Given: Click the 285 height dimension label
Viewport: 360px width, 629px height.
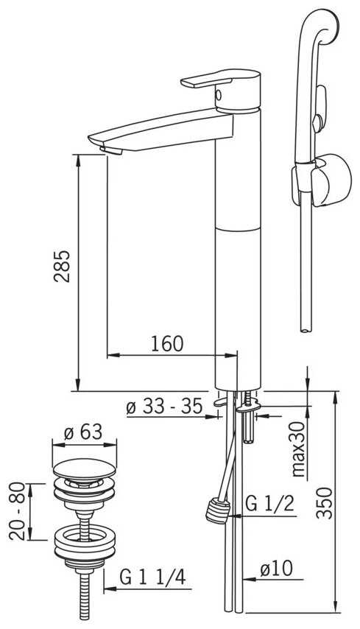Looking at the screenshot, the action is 62,267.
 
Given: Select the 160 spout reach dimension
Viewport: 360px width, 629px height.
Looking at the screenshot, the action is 167,344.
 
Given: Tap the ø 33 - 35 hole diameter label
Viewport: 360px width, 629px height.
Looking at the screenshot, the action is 164,407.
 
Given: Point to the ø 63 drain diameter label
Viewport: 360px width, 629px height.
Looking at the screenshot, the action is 83,432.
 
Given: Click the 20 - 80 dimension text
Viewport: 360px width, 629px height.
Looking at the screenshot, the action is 18,511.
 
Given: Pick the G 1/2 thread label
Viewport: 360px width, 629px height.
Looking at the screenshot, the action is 269,504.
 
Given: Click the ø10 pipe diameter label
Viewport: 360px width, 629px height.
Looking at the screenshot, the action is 276,569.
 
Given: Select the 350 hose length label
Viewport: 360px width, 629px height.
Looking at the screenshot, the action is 325,503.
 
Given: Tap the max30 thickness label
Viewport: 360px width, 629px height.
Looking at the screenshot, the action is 299,450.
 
